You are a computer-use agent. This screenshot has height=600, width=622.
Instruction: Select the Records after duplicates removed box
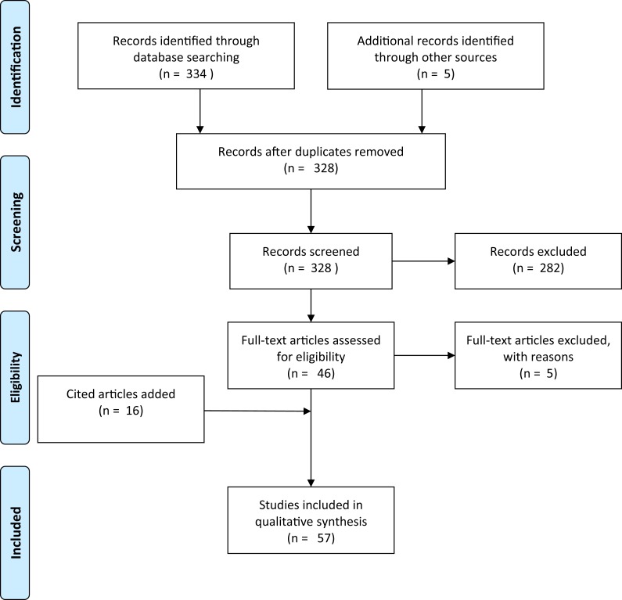coord(311,160)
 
